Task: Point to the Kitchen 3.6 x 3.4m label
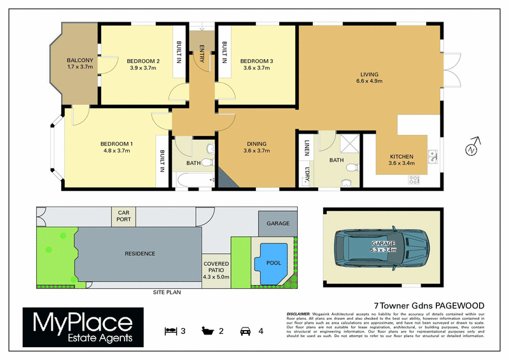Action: pos(401,160)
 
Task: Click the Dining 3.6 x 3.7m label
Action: pos(257,148)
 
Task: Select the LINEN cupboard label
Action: pos(307,148)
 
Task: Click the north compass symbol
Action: pos(471,149)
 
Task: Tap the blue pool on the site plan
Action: pos(271,262)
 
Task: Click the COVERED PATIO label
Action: pos(216,270)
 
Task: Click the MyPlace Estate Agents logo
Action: pos(79,327)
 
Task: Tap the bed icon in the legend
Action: pos(169,331)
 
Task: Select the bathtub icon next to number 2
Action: pos(207,331)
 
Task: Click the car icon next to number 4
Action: pos(244,331)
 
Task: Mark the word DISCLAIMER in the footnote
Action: pos(298,314)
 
